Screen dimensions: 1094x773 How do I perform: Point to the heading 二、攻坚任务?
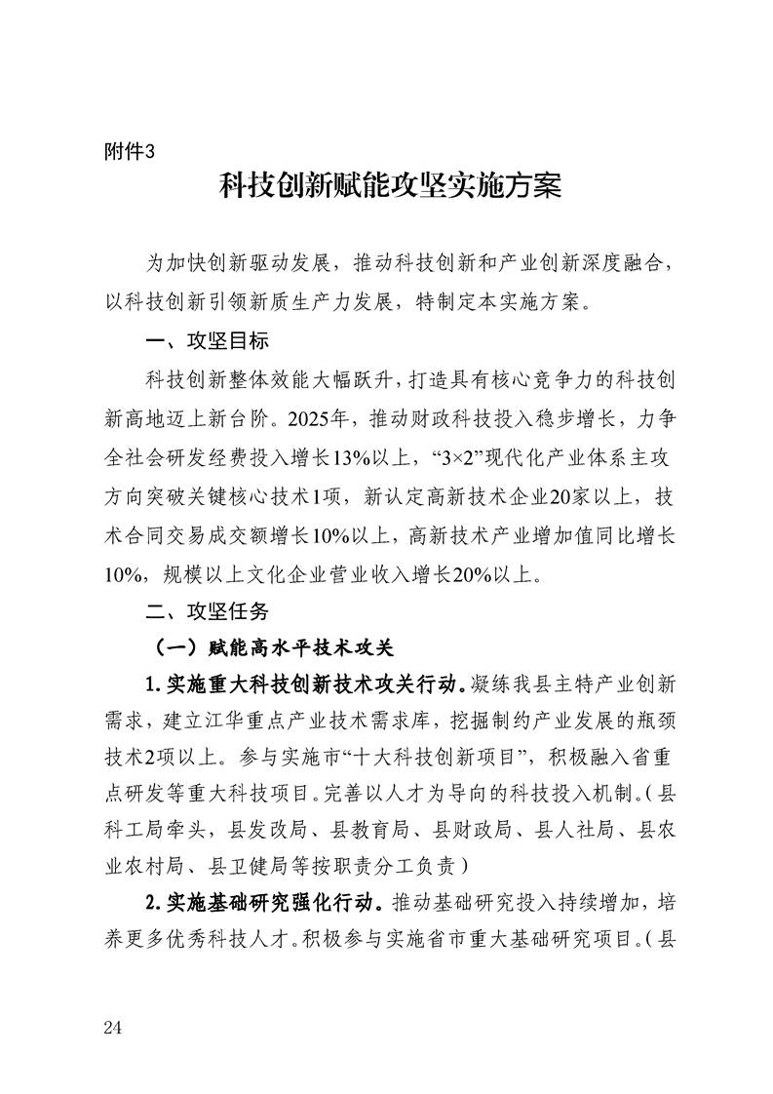(206, 611)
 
